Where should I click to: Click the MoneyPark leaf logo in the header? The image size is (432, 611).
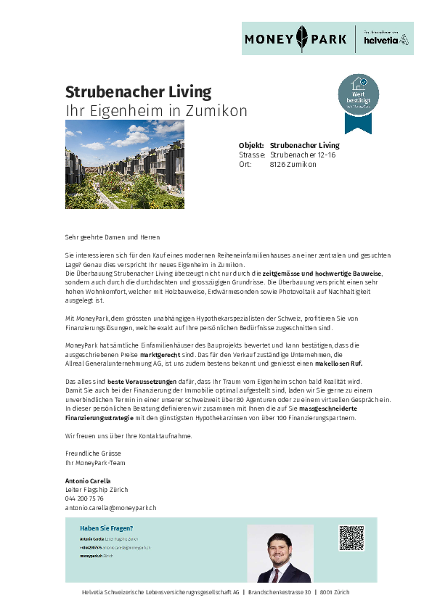(302, 38)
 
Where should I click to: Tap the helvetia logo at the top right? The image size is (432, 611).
(386, 39)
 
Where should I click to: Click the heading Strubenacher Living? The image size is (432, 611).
(138, 92)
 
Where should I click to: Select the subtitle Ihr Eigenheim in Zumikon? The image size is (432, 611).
(156, 111)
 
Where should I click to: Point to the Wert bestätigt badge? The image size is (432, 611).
(358, 98)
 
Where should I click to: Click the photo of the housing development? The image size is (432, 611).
(124, 164)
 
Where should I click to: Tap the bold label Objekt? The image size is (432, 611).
(251, 146)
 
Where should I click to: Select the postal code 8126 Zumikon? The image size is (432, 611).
(293, 165)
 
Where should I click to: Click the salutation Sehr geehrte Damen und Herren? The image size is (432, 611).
(112, 237)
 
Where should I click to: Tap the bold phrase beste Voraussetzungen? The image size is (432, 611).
(137, 382)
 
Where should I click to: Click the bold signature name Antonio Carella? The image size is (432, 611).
(88, 481)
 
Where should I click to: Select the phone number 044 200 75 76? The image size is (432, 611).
(84, 499)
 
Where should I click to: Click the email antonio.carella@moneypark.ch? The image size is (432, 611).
(110, 508)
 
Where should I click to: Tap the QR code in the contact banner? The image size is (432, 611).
(351, 538)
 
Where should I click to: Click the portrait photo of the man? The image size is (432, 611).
(280, 554)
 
